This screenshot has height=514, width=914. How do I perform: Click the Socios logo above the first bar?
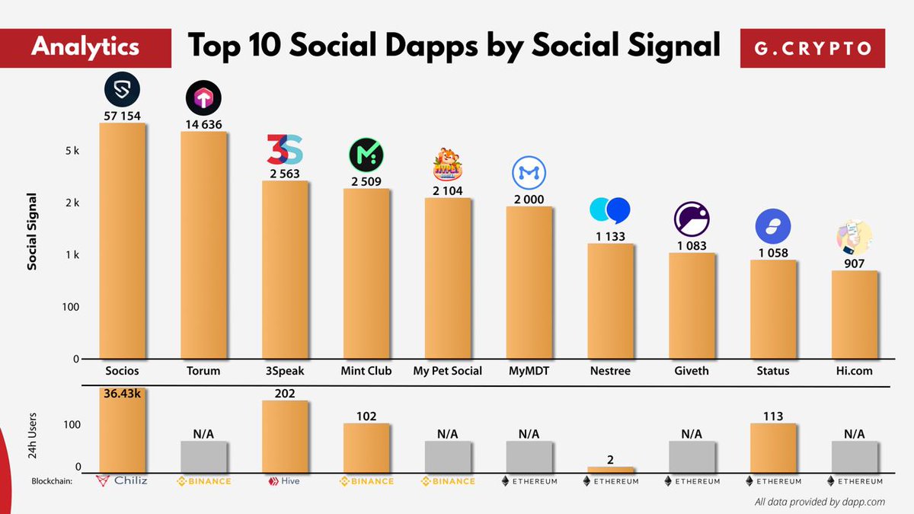(x=123, y=89)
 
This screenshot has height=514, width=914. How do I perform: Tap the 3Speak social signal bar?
(x=285, y=270)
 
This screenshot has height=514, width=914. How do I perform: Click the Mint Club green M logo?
(x=366, y=155)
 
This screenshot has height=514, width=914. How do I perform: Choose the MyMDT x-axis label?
(x=529, y=371)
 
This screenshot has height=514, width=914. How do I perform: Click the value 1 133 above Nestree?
(x=610, y=236)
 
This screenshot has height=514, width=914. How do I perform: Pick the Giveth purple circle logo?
(x=692, y=219)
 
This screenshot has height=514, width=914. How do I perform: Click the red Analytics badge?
(x=85, y=46)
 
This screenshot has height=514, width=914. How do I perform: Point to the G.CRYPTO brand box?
(x=813, y=48)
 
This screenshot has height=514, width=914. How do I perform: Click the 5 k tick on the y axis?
(x=72, y=151)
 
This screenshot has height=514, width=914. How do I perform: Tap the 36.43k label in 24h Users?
(x=123, y=394)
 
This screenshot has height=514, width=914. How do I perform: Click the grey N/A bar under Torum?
(x=203, y=457)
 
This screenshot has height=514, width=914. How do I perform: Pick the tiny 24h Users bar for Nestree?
(x=610, y=470)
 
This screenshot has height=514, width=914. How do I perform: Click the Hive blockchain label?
(x=285, y=481)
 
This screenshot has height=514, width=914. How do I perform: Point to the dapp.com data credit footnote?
(x=820, y=501)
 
